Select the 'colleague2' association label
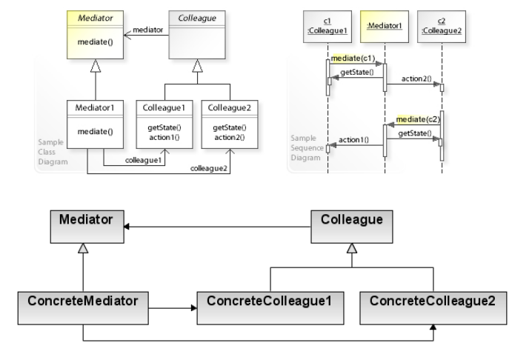(x=209, y=169)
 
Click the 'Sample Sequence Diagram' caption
(x=306, y=147)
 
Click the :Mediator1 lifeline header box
(x=385, y=25)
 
